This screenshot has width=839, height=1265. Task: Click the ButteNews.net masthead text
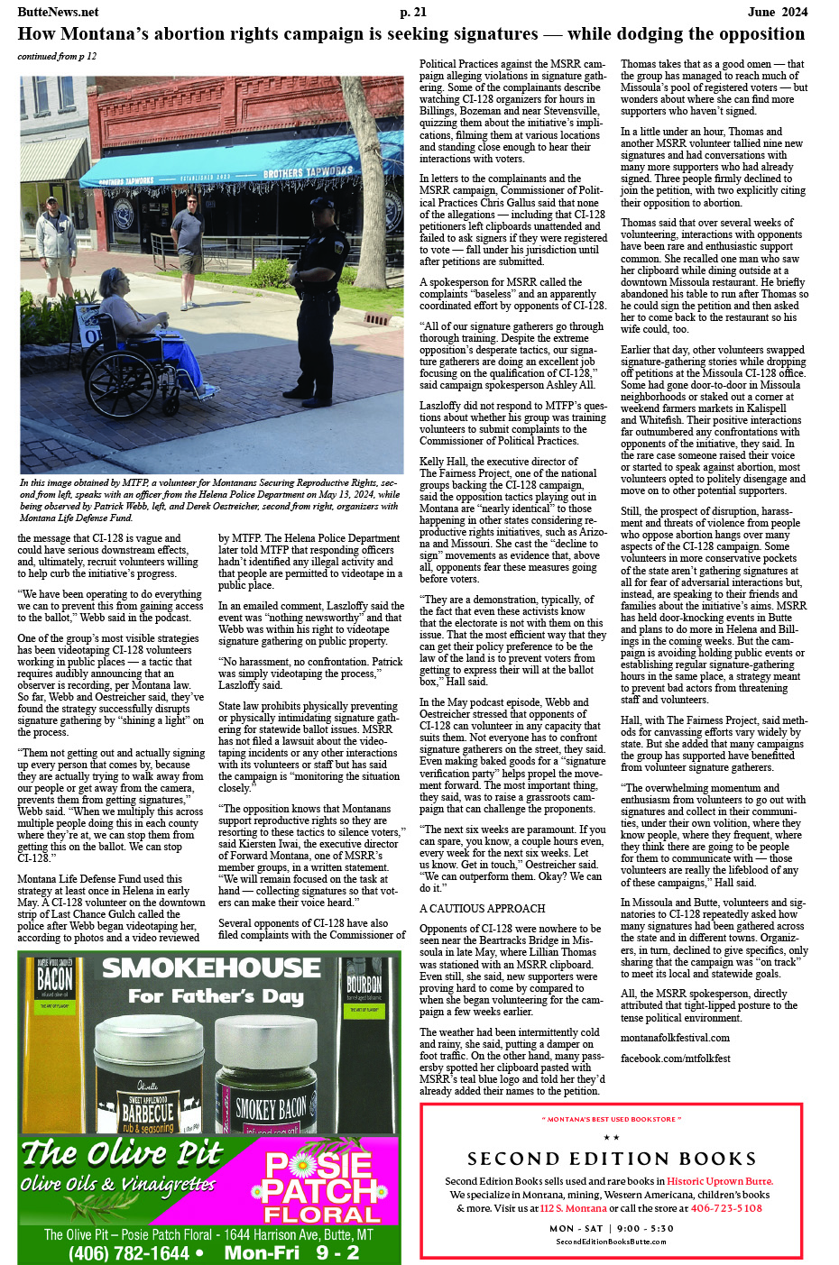coord(59,12)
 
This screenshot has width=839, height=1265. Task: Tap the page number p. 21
coord(413,12)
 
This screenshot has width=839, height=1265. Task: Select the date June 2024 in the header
coord(778,12)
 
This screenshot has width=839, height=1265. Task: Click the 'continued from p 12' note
coord(57,57)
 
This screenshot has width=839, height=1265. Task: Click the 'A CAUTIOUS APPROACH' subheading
coord(483,909)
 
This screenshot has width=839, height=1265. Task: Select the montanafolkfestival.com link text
coord(675,1038)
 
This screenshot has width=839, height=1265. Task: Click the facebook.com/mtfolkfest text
coord(675,1059)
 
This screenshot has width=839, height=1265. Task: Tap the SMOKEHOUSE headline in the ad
coord(211,968)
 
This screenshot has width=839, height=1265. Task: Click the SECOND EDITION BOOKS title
coord(612,1159)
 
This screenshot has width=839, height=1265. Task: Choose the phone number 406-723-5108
coord(726,1208)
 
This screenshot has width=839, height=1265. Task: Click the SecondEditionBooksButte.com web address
coord(611,1242)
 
